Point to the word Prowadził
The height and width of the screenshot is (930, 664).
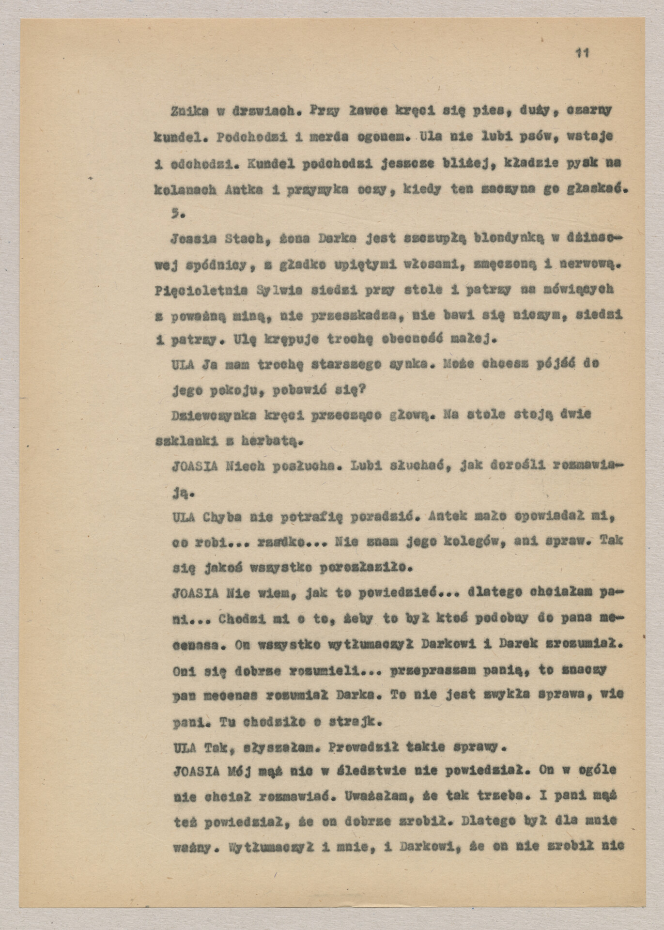tap(355, 748)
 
